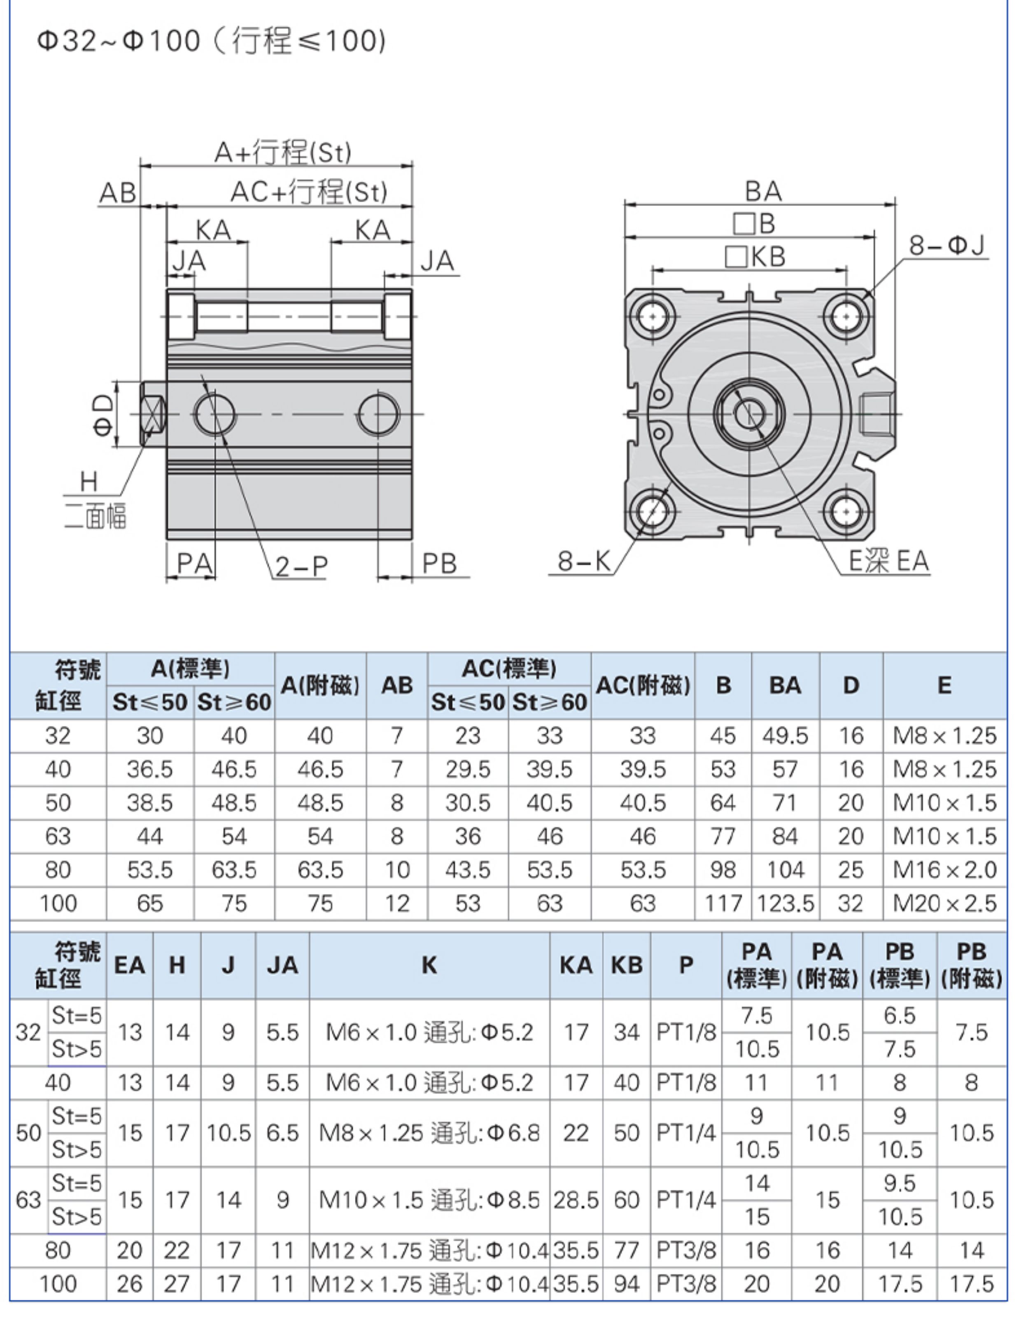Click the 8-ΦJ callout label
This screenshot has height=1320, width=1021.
tap(947, 246)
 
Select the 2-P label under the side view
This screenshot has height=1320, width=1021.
tap(301, 566)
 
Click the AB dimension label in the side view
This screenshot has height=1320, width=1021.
tap(118, 193)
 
